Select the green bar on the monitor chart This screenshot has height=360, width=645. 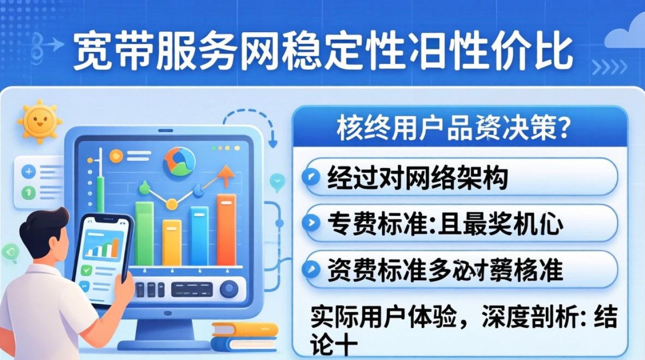tap(144, 233)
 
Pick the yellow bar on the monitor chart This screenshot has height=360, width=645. tap(171, 242)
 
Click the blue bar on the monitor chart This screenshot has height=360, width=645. tap(199, 236)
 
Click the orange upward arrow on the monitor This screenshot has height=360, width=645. tap(224, 175)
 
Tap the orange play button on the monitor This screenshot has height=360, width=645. tap(116, 156)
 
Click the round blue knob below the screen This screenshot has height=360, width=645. tap(229, 288)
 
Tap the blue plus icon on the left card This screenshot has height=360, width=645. tap(28, 171)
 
